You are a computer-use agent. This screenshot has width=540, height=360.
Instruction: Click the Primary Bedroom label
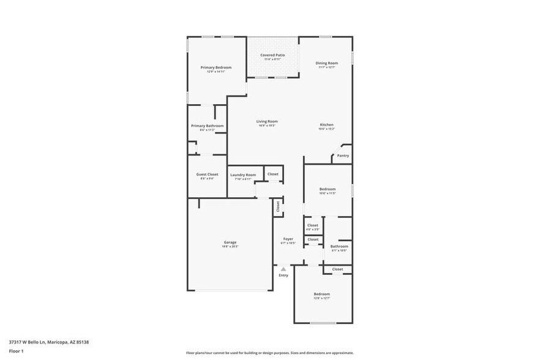216,67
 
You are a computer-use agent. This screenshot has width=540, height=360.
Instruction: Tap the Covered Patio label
272,55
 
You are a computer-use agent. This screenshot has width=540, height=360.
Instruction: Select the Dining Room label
327,63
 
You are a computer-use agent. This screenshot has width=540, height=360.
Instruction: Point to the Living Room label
267,121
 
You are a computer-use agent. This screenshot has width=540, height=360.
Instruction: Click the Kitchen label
326,125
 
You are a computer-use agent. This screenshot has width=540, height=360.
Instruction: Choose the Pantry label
343,156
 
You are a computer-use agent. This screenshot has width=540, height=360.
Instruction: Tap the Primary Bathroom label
207,126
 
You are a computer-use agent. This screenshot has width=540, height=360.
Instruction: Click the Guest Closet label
207,174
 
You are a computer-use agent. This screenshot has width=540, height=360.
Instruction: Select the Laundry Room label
243,175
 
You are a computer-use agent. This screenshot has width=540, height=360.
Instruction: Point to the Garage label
230,242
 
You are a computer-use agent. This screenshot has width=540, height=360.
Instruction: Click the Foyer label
288,239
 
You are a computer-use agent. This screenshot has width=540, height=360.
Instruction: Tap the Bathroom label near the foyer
339,247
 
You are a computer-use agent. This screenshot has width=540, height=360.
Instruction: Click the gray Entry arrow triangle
283,269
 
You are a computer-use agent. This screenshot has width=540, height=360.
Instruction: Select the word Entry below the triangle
283,276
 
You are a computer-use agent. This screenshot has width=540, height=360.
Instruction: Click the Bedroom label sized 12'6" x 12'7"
322,294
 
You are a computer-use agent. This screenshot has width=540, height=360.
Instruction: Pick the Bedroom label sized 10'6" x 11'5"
328,189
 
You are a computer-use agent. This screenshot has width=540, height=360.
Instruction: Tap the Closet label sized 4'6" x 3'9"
313,225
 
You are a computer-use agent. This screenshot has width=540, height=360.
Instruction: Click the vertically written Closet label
278,207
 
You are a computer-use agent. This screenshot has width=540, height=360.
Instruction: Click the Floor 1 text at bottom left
17,351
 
